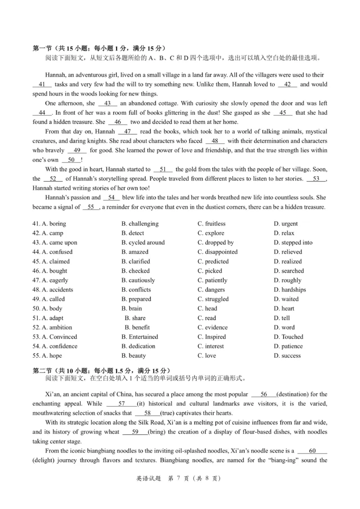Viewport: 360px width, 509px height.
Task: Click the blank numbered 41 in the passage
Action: (42, 84)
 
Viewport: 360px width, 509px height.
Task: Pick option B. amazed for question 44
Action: (135, 252)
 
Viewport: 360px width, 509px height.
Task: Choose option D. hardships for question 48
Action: (289, 290)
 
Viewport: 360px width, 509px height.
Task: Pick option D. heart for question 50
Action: (284, 308)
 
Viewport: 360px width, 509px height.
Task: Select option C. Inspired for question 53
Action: (211, 337)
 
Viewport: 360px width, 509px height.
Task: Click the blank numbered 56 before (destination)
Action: (264, 394)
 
